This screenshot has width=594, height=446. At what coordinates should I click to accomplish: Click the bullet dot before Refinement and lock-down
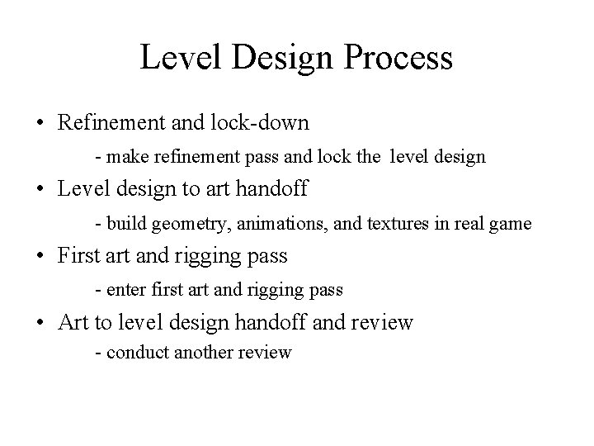click(40, 124)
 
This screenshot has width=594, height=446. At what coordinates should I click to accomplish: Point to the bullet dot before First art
click(40, 257)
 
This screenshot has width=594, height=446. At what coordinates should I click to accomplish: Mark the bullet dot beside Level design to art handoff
click(40, 190)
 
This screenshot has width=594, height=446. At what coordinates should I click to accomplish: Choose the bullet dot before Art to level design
click(40, 323)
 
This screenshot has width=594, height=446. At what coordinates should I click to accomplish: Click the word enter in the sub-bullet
click(123, 289)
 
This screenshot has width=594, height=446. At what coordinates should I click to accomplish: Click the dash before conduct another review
click(98, 353)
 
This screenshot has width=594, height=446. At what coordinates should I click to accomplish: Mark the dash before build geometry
click(98, 224)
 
